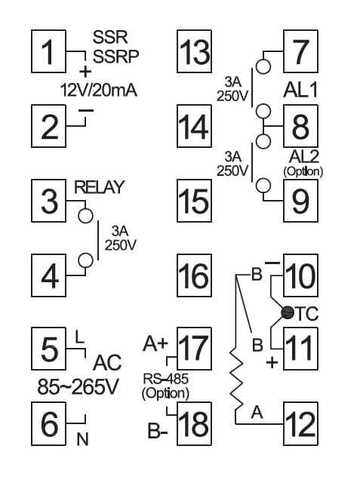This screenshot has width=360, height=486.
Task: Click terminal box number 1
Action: point(49,51)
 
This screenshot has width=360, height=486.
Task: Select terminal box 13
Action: point(195,51)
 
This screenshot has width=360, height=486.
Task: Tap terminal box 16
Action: point(195,275)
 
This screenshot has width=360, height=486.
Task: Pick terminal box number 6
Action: point(49,423)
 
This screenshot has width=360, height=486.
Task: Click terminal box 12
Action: point(301,423)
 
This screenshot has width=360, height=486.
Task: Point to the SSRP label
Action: point(115,57)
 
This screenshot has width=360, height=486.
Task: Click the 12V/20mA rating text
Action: point(99,91)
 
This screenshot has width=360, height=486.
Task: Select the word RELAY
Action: point(99,187)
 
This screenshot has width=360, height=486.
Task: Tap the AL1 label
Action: point(300,91)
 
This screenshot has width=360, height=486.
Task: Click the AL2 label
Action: point(303,156)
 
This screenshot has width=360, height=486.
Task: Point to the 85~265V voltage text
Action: point(78,387)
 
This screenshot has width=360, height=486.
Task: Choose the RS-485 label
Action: point(165,378)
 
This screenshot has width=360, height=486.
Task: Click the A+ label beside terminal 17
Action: point(155,343)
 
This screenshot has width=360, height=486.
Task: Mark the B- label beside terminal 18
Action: point(158,431)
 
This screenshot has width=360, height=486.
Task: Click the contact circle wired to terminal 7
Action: point(263,66)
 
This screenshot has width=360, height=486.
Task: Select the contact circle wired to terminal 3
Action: point(85,216)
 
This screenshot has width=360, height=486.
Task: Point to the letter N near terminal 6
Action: point(82,439)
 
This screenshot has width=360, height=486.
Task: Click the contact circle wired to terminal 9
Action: point(263,186)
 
